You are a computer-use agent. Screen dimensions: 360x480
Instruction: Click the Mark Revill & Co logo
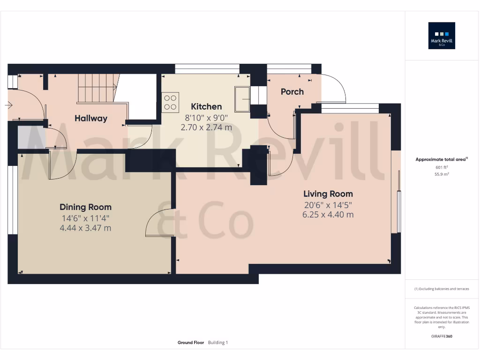442,36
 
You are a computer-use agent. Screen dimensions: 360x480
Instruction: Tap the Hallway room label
91,119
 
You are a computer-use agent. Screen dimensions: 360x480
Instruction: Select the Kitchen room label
206,107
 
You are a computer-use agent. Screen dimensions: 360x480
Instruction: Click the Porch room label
292,92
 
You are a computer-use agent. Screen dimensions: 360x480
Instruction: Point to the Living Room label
328,194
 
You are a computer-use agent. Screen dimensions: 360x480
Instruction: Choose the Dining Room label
85,207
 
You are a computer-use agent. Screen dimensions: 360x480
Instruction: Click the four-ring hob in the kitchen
170,103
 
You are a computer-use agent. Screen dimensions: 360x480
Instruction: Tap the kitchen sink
243,99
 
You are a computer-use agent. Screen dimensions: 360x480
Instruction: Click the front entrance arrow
8,105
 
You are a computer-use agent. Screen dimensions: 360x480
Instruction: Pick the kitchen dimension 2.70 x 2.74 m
206,127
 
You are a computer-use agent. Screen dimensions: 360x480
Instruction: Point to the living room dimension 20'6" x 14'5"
328,205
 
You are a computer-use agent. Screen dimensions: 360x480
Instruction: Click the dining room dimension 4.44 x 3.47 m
85,228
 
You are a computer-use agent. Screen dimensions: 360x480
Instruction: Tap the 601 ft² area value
442,167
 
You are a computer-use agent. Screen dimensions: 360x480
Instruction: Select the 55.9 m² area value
442,174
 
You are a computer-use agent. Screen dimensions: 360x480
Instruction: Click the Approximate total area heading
441,160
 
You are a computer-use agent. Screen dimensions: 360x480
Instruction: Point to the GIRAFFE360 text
442,336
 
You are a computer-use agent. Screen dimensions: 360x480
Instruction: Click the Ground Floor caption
191,343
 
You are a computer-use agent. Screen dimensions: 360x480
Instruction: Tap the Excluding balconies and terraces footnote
442,289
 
